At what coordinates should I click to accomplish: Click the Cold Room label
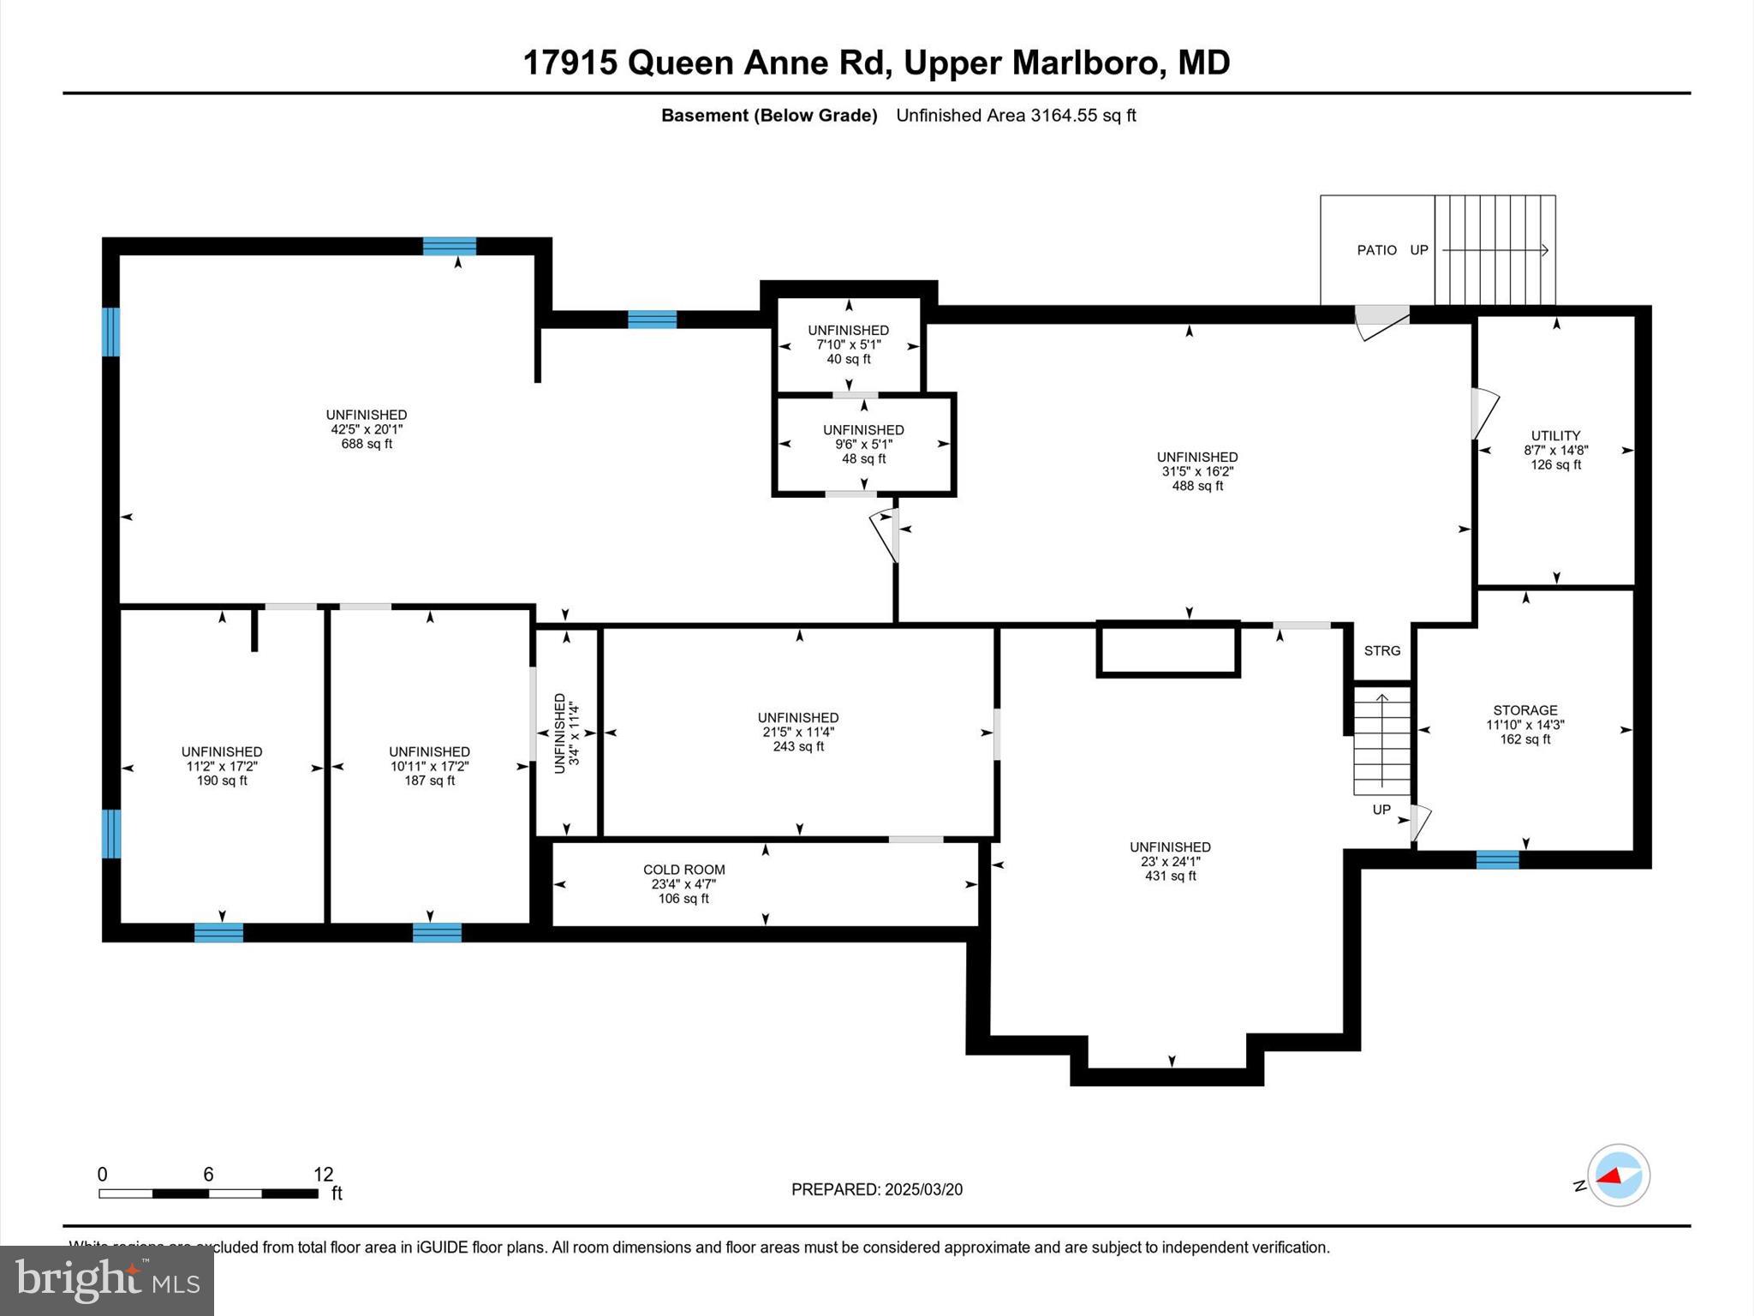pos(684,870)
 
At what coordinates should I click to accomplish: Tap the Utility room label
pos(1556,435)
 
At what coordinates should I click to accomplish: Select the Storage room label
pos(1525,710)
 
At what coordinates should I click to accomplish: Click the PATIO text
pos(1377,250)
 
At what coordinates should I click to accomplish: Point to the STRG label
pos(1382,651)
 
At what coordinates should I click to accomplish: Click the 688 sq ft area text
pos(367,444)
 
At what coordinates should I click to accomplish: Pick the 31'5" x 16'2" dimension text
pos(1197,471)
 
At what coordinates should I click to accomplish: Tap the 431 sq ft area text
pos(1171,876)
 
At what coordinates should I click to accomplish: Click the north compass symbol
pos(1618,1175)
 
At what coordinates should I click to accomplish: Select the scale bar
pos(208,1193)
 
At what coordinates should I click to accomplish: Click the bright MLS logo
pos(107,1281)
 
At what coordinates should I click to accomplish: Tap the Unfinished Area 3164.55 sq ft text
pos(1016,116)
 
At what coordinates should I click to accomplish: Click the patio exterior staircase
pos(1495,250)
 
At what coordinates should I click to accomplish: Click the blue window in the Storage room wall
pos(1498,859)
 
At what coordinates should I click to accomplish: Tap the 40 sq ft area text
pos(849,359)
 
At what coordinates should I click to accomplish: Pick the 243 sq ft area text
pos(798,746)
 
